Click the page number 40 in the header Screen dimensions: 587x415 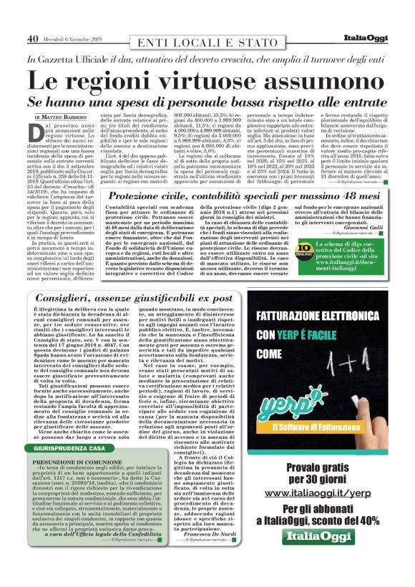click(33, 38)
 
